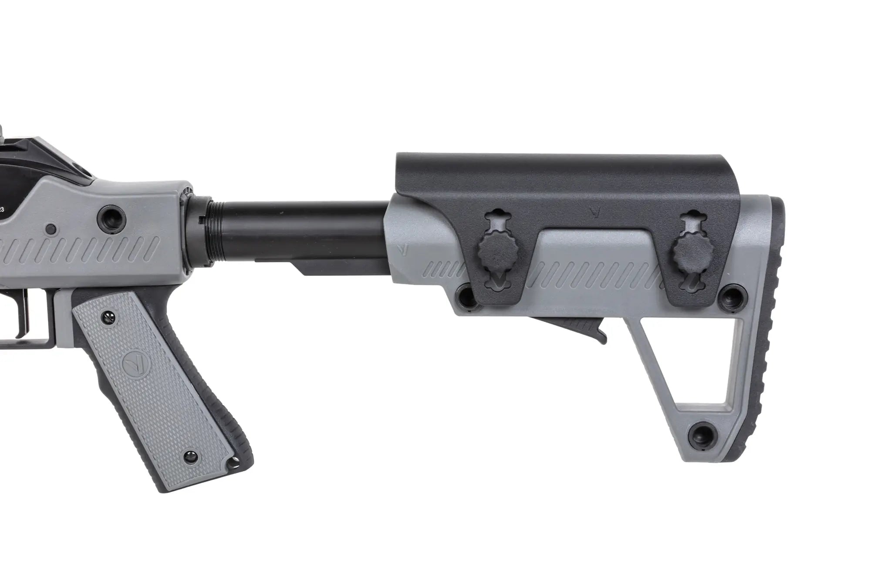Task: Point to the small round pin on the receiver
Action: coord(51,228)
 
